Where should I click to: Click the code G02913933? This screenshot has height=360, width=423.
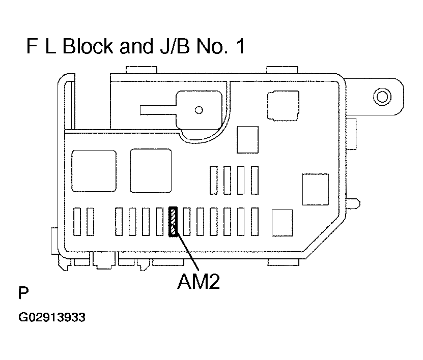(x=52, y=318)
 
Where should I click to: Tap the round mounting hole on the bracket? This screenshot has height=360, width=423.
(x=381, y=95)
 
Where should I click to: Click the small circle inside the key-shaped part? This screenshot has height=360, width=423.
(x=199, y=110)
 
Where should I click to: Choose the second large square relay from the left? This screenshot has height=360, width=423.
(x=151, y=170)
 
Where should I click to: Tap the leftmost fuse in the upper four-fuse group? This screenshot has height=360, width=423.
(x=214, y=179)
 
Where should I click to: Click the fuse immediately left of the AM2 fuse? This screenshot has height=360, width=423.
(x=160, y=222)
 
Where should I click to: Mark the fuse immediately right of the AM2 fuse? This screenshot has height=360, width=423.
(x=187, y=222)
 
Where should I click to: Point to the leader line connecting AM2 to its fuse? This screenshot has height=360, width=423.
(x=186, y=251)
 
